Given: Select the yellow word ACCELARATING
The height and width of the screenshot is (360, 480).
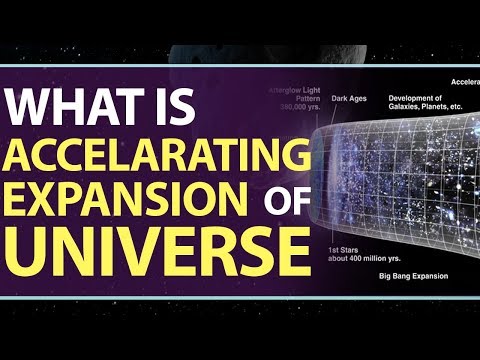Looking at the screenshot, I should pos(154,156).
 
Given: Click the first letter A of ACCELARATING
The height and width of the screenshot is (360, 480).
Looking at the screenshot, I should pos(30,156).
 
